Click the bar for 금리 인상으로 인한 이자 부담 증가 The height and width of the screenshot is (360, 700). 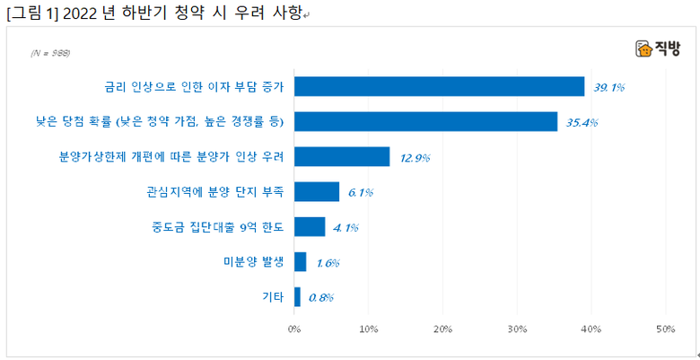point(439,86)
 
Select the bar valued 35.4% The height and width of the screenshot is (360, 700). point(425,121)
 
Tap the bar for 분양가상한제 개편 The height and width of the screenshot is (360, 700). point(342,157)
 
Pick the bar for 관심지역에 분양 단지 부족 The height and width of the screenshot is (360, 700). point(317,191)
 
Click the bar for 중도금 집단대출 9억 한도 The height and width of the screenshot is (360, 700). point(310,226)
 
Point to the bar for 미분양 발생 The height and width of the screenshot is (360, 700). point(301,261)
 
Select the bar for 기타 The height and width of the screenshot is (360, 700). point(297,296)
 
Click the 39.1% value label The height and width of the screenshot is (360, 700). point(608,87)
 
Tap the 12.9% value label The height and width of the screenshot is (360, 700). point(415,158)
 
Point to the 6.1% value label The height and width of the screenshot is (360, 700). point(360,192)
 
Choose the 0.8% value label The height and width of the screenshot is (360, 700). point(321,297)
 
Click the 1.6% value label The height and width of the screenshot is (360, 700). point(328,262)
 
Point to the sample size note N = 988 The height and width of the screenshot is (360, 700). point(50,53)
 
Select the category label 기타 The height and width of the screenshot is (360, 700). point(272,297)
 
